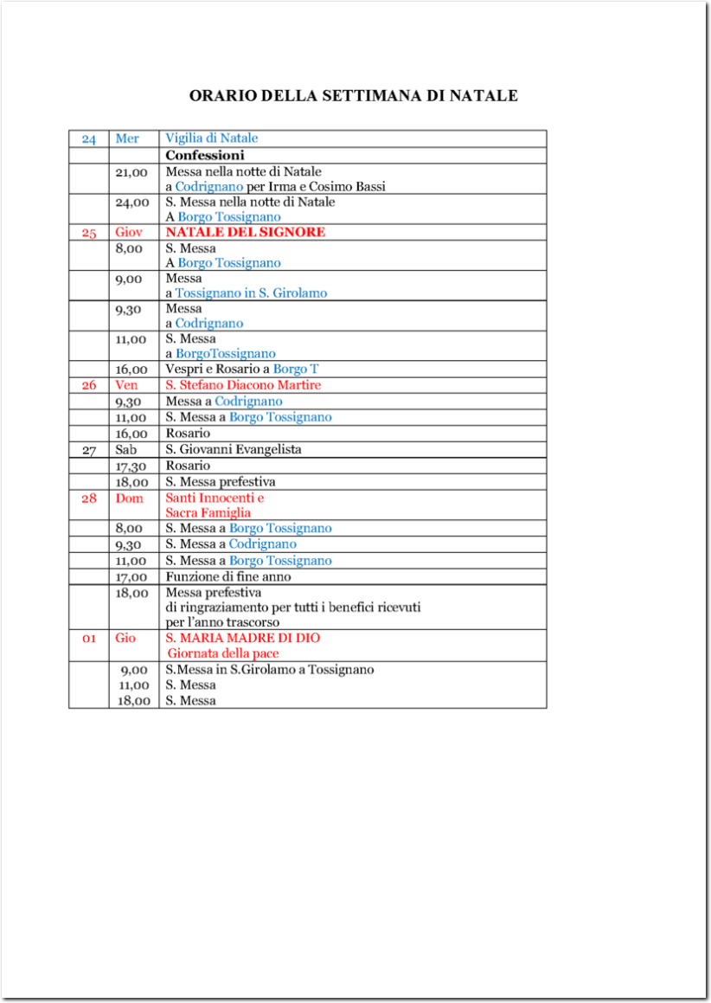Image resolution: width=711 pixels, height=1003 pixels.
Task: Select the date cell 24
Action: (x=89, y=138)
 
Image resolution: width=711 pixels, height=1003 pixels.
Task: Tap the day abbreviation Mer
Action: (x=127, y=138)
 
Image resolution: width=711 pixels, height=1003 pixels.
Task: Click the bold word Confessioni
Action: (x=205, y=156)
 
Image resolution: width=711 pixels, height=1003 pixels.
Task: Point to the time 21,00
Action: (x=131, y=172)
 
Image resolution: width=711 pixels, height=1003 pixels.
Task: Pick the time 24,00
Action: (x=131, y=203)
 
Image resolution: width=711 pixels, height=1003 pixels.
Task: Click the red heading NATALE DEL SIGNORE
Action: (x=246, y=233)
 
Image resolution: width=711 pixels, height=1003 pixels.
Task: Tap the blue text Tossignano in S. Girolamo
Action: (x=251, y=293)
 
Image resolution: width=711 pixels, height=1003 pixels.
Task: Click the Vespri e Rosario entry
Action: (x=216, y=369)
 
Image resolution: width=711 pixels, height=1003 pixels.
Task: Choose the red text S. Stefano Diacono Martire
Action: (x=243, y=385)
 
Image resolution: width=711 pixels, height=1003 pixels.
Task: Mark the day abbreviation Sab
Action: (x=125, y=450)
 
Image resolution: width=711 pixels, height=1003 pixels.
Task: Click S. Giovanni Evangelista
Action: (x=234, y=450)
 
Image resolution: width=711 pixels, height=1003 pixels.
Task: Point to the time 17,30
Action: (x=131, y=466)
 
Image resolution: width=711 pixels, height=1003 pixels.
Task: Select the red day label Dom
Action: (x=129, y=498)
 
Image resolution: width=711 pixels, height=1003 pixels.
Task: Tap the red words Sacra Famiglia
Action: (x=208, y=513)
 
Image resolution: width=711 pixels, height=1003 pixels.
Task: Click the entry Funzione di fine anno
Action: (x=228, y=577)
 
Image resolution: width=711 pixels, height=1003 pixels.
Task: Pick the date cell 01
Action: (x=89, y=639)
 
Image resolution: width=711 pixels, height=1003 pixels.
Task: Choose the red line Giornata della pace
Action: (x=223, y=654)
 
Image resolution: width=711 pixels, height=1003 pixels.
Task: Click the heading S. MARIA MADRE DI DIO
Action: (x=243, y=638)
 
